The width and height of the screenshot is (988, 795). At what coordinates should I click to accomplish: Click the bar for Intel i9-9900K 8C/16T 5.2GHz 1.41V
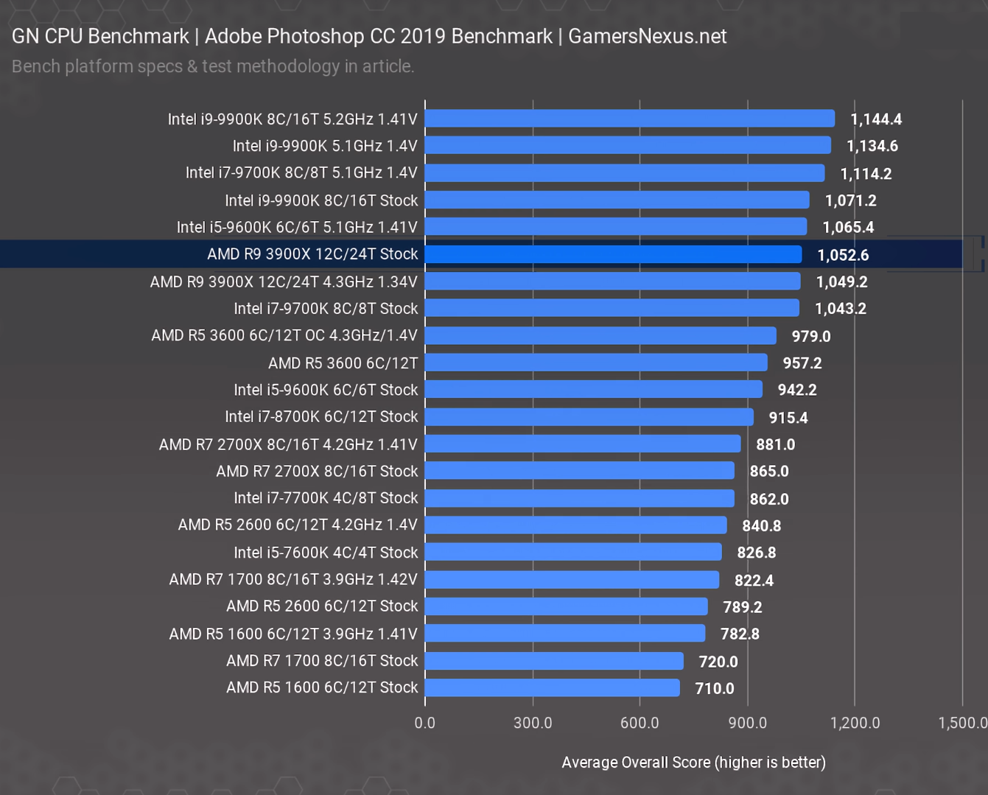click(x=630, y=119)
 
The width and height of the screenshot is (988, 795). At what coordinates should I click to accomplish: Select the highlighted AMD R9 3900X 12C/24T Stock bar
click(x=613, y=254)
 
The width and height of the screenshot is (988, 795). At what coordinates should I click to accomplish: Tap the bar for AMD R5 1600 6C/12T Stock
click(x=552, y=687)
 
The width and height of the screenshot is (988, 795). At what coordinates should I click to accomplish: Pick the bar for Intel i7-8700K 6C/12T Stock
click(x=589, y=417)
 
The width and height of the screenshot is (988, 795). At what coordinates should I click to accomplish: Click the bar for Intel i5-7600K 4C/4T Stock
click(x=573, y=552)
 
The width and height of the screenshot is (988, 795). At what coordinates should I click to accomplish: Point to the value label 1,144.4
click(x=876, y=119)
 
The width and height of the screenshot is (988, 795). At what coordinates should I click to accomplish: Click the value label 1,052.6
click(x=843, y=255)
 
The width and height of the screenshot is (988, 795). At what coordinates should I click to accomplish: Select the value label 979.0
click(x=811, y=336)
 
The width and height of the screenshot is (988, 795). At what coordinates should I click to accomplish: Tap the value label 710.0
click(x=715, y=688)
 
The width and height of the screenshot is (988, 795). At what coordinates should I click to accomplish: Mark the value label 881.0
click(x=776, y=444)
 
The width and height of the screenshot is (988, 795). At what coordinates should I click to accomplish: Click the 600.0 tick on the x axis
click(x=640, y=723)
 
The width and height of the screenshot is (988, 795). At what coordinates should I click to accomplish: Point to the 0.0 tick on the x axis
click(x=425, y=723)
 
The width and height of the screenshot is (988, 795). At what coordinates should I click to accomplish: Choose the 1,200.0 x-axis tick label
click(x=855, y=723)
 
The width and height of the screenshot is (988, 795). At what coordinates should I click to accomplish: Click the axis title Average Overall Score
click(x=693, y=762)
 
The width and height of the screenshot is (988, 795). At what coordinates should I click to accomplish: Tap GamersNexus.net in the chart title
click(x=648, y=36)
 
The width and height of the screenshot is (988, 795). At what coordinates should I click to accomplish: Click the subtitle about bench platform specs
click(x=213, y=66)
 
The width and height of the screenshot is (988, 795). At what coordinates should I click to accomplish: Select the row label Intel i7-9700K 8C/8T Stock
click(x=326, y=309)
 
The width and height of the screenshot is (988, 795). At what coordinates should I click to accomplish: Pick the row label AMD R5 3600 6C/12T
click(x=343, y=363)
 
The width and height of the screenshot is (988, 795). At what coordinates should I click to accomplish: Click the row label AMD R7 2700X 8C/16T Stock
click(x=317, y=471)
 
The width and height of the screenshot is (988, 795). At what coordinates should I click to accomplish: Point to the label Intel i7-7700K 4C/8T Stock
click(x=326, y=498)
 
